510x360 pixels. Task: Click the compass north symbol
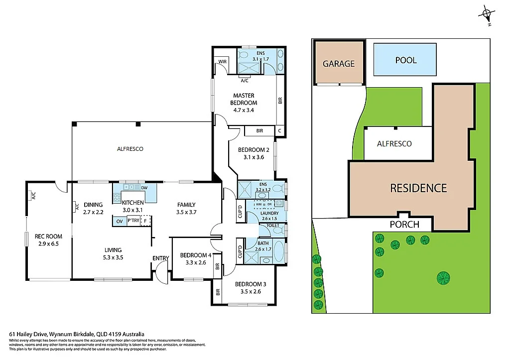point(487,15)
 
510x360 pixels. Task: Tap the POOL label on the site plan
point(405,60)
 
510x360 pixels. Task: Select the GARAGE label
point(339,63)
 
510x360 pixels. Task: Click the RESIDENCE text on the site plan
point(418,188)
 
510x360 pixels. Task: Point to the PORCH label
point(404,225)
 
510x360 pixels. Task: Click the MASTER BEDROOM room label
point(244,99)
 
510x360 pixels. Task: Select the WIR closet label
point(221,62)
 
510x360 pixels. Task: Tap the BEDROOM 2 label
point(254,150)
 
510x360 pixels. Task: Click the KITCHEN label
point(133,203)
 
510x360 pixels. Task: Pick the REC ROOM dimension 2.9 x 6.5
point(48,244)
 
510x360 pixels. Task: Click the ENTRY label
point(161,257)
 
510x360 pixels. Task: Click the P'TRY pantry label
point(133,221)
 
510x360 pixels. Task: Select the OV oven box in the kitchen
point(120,221)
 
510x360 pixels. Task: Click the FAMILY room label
point(186,205)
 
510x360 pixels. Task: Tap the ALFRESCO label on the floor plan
point(130,148)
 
